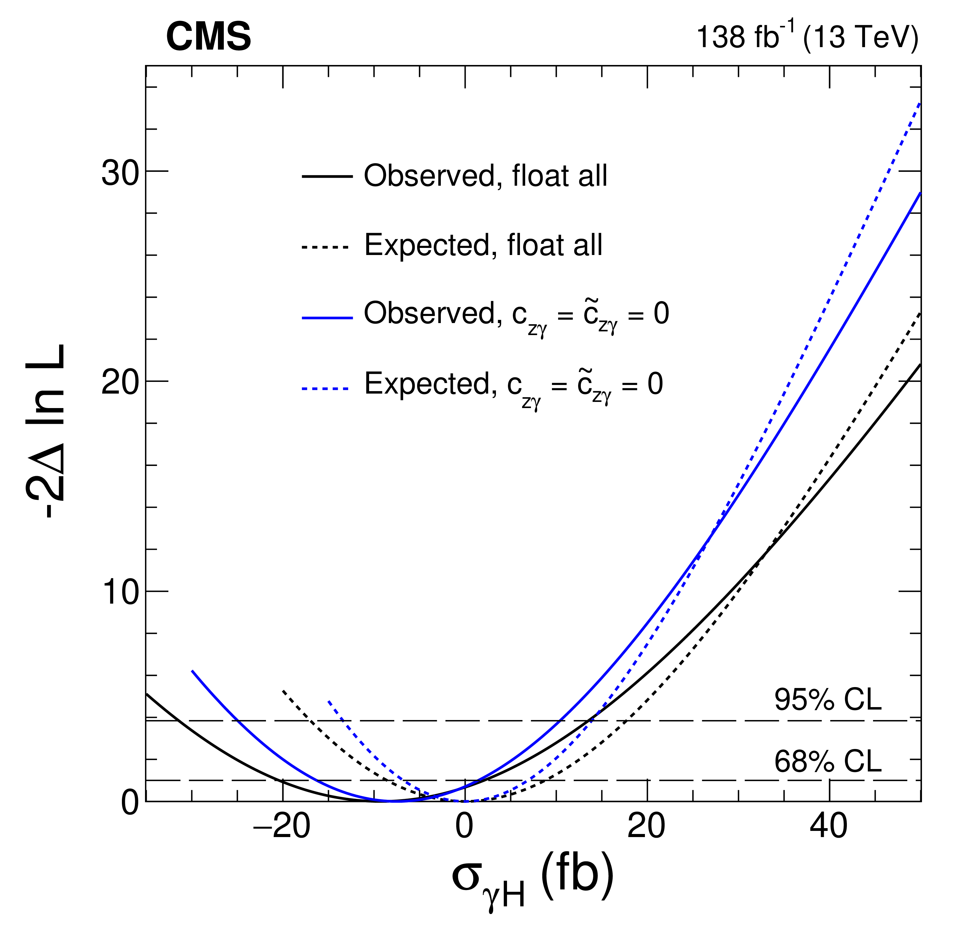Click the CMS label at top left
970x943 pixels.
[x=208, y=38]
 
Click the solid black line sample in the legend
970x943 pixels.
[x=327, y=176]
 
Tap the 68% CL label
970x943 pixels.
[x=827, y=761]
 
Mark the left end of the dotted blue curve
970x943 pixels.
[x=328, y=701]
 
